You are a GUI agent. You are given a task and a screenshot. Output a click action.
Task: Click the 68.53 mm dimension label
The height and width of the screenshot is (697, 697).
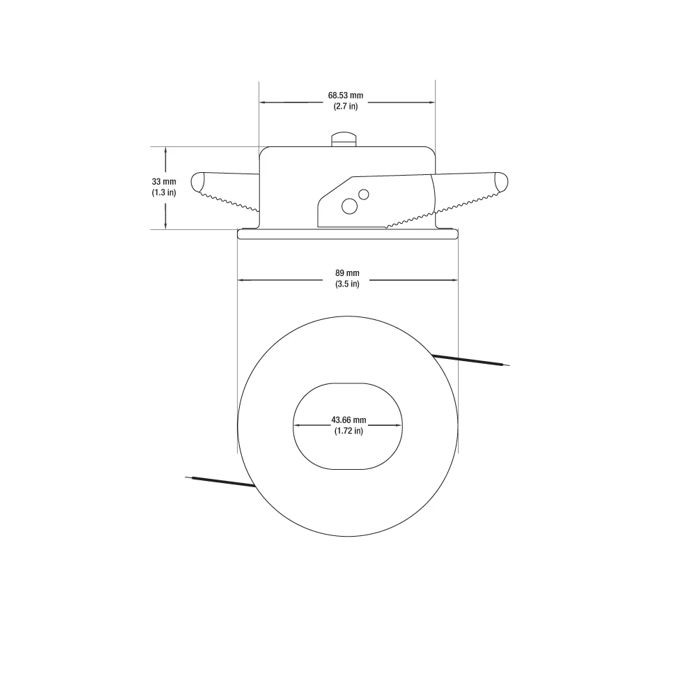tap(346, 95)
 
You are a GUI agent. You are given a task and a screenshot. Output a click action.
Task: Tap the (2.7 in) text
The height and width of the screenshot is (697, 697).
tap(346, 106)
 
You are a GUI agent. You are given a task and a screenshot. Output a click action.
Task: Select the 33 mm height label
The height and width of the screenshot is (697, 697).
tap(164, 181)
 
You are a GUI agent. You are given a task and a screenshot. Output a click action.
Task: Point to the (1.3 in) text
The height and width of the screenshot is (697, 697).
tap(164, 192)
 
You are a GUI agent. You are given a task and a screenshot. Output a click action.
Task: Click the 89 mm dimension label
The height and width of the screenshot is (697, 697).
tap(347, 273)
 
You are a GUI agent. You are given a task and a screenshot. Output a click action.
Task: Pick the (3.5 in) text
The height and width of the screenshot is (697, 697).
tap(347, 284)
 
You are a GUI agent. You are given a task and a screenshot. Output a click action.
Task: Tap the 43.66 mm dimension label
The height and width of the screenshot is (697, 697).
tap(348, 420)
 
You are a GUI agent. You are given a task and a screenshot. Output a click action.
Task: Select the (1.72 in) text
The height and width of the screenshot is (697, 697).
tap(348, 431)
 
